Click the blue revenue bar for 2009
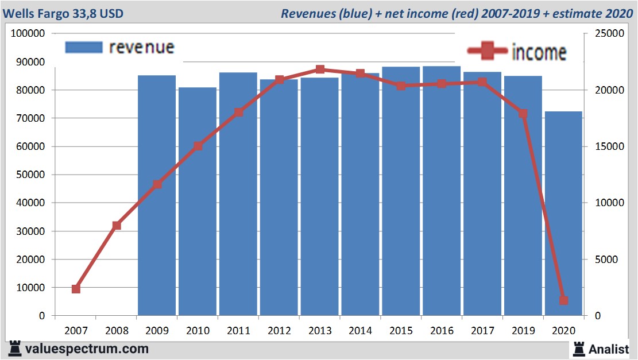click(x=157, y=195)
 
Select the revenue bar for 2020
click(x=563, y=212)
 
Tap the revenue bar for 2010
click(x=198, y=201)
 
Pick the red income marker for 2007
click(x=76, y=289)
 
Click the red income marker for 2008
click(x=117, y=226)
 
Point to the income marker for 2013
click(x=320, y=69)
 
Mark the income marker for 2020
click(x=563, y=300)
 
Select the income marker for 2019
click(x=523, y=114)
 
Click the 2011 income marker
click(x=238, y=113)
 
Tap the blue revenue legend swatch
click(x=83, y=47)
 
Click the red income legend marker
click(x=488, y=52)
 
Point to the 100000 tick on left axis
click(x=28, y=33)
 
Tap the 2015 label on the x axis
click(x=401, y=331)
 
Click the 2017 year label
click(x=482, y=331)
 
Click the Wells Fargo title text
click(x=63, y=13)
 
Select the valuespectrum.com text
click(x=87, y=349)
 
